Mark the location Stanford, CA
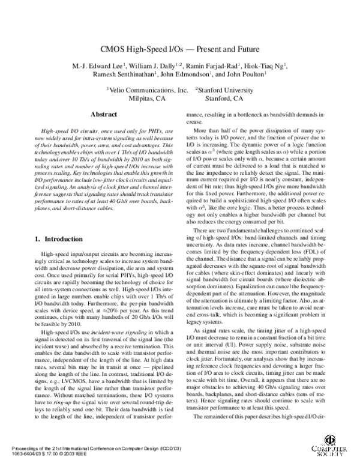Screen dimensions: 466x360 coord(224,98)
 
